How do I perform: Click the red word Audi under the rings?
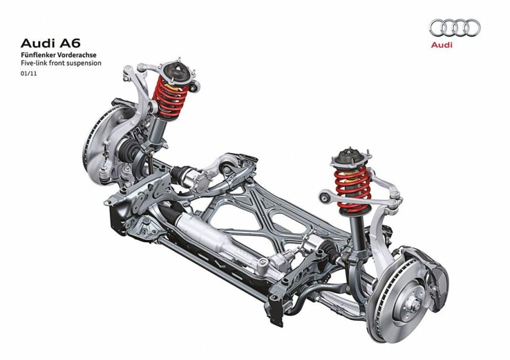441,45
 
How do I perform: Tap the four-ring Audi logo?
454,27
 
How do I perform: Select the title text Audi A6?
50,43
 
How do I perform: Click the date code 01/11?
29,73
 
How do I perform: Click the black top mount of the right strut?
349,158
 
